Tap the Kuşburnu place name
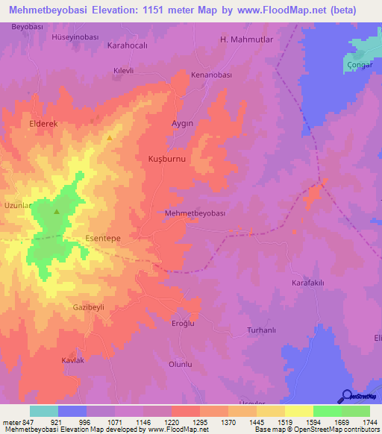tap(166, 159)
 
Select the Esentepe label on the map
tap(103, 238)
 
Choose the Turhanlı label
tap(261, 330)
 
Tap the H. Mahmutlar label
tap(246, 40)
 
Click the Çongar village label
tap(360, 65)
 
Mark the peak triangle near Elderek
tap(110, 137)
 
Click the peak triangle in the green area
tap(57, 212)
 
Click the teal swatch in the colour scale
tap(43, 411)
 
